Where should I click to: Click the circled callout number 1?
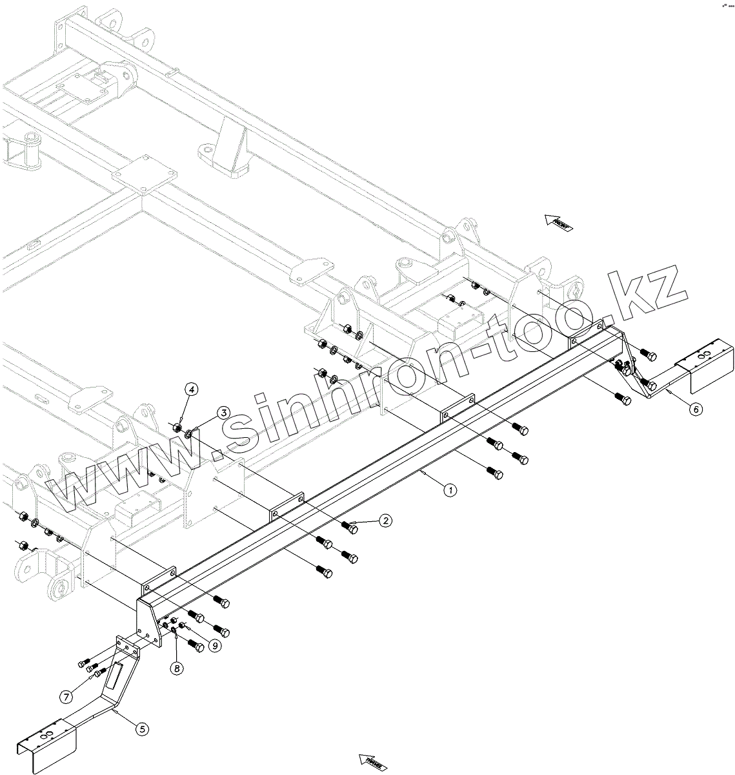tap(450, 490)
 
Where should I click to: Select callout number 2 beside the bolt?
tap(385, 521)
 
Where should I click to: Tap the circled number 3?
tap(223, 413)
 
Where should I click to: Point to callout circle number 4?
tap(192, 389)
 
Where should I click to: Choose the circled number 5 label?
tap(143, 728)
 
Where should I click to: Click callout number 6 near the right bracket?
tap(694, 409)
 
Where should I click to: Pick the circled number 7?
tap(66, 696)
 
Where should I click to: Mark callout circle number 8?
tap(176, 668)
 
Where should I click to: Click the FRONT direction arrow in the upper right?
tap(558, 223)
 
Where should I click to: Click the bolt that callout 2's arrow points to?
tap(351, 528)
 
